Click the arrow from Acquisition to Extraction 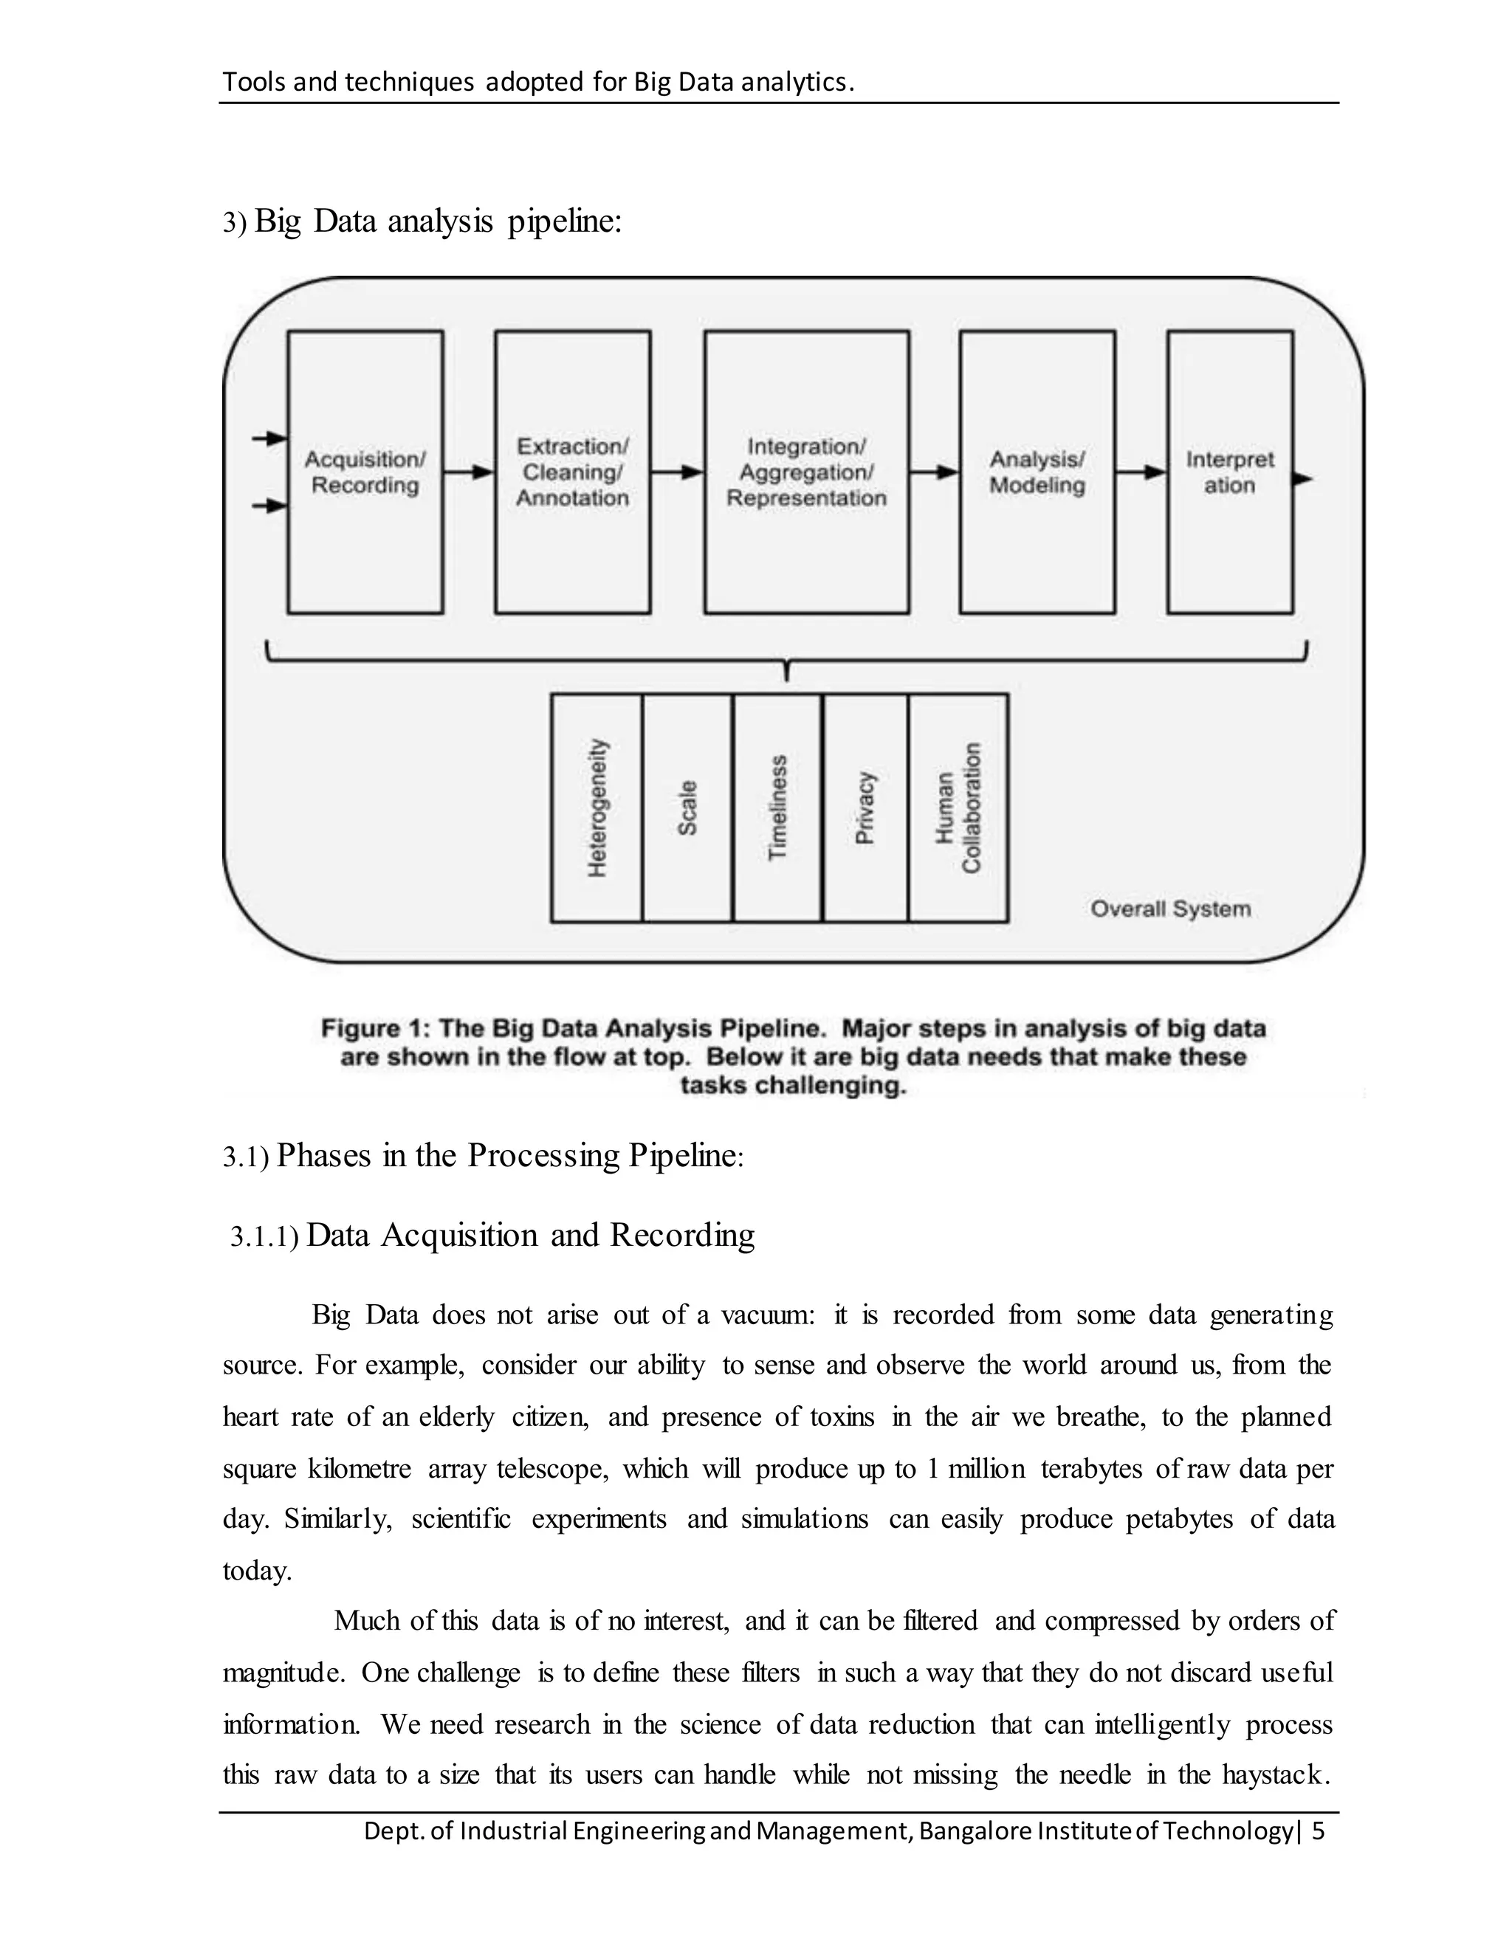469,472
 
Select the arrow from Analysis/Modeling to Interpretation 1140,472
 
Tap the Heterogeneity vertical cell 597,807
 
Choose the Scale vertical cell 687,807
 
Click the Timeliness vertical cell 777,807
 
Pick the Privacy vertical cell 865,807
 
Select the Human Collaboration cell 958,807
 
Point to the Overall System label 1170,909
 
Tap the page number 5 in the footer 1318,1831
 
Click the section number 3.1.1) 264,1238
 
